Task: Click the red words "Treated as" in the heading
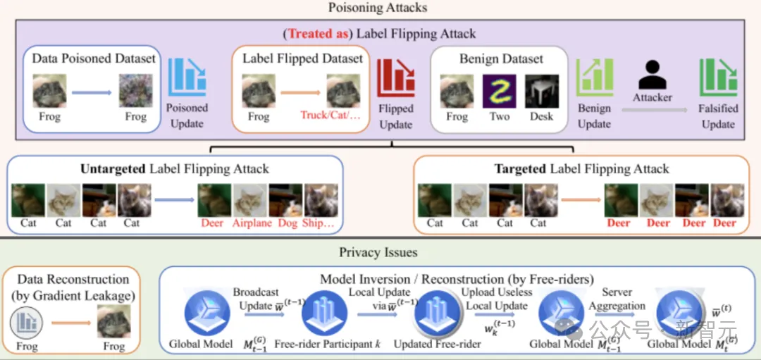point(316,33)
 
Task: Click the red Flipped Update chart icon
point(395,79)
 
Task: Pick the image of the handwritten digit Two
point(500,92)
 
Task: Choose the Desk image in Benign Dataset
point(542,92)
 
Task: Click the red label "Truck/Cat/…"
point(330,116)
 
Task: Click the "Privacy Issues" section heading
point(378,252)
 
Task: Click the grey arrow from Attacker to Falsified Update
point(652,110)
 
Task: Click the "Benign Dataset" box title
point(501,58)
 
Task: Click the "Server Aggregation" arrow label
point(617,299)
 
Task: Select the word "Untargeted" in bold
point(114,169)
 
